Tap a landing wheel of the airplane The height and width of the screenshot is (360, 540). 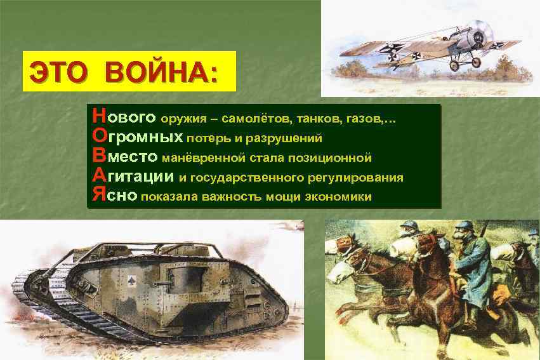point(455,65)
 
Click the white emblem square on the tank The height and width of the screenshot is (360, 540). point(131,279)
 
